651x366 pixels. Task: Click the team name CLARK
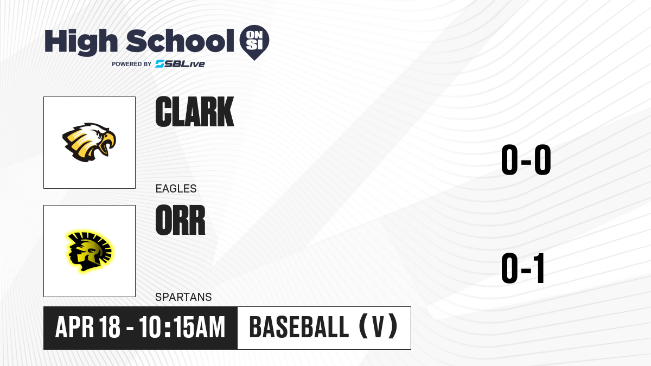[x=194, y=112]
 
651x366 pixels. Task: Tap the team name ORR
[x=180, y=220]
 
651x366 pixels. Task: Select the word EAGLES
[x=176, y=189]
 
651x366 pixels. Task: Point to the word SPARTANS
[x=183, y=297]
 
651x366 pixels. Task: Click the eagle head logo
[x=89, y=142]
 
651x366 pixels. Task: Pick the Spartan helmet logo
[x=89, y=252]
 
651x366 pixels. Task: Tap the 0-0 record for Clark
[x=526, y=160]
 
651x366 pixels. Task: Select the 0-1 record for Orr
[x=523, y=268]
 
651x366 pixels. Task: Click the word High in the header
[x=81, y=42]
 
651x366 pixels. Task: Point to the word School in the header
[x=180, y=41]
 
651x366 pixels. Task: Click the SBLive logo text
[x=180, y=64]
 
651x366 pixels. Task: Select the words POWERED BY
[x=132, y=64]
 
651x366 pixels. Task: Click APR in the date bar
[x=75, y=328]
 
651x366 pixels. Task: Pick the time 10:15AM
[x=182, y=328]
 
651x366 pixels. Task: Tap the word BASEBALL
[x=299, y=328]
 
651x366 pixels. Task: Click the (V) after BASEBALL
[x=379, y=326]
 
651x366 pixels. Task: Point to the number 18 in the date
[x=109, y=328]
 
